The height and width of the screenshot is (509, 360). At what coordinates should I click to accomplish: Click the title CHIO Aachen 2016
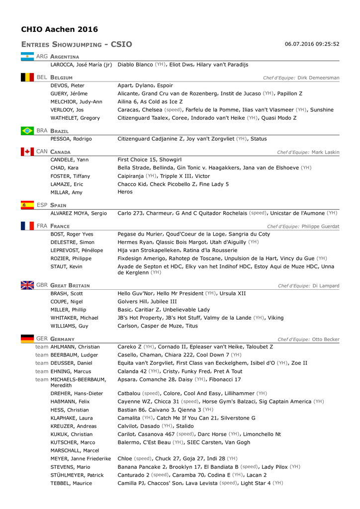point(60,29)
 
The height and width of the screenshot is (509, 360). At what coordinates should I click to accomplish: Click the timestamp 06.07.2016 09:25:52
point(312,44)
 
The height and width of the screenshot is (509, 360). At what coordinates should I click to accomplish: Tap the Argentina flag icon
point(27,57)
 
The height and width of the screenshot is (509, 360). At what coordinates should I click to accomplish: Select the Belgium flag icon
point(27,78)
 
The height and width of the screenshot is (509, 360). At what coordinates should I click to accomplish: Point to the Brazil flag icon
point(27,131)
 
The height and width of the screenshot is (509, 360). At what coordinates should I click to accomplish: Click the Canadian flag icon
point(27,151)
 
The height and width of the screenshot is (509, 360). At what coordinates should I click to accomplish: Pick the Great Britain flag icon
point(27,285)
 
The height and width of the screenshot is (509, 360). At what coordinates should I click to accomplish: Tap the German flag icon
point(27,339)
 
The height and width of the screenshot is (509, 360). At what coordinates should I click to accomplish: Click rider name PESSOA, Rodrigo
point(71,139)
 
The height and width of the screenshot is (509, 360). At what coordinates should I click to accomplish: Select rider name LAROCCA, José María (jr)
point(81,65)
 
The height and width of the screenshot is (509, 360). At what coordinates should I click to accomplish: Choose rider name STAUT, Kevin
point(67,267)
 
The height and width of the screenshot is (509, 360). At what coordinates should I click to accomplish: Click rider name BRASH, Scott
point(67,293)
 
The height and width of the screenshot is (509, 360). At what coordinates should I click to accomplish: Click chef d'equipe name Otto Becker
point(326,339)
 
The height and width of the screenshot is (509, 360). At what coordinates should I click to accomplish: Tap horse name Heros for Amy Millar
point(124,192)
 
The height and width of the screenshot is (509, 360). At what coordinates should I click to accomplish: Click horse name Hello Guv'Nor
point(136,293)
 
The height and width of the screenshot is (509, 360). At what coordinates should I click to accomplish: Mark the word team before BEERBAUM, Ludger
point(42,355)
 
